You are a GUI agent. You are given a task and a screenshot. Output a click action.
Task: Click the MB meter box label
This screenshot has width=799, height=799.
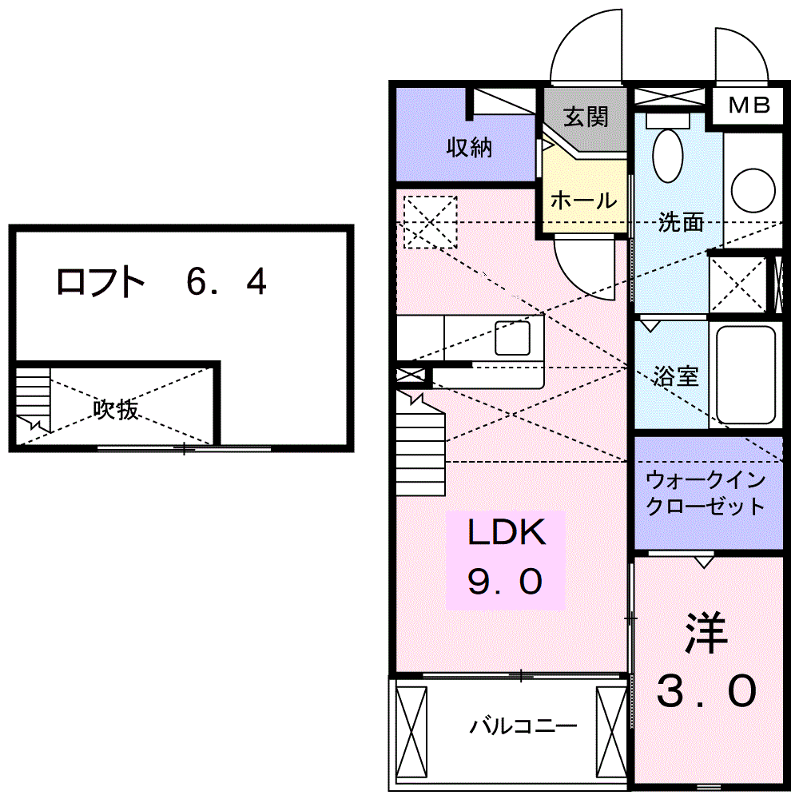(749, 105)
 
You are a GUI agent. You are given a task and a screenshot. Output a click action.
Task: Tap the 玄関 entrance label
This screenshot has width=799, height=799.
(586, 117)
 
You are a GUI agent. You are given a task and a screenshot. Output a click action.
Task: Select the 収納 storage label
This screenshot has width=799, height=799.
(469, 147)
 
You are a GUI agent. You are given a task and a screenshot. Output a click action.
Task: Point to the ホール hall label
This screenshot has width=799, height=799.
(583, 200)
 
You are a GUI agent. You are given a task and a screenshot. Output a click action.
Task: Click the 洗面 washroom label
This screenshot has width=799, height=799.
(681, 222)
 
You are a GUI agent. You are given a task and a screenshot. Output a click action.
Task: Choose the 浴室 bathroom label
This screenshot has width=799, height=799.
(676, 376)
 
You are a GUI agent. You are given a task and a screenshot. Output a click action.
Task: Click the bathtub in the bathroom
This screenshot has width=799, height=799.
(746, 375)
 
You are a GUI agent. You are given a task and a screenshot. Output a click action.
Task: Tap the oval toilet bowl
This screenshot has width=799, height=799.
(666, 155)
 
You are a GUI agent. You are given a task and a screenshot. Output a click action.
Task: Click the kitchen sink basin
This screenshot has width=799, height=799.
(512, 338)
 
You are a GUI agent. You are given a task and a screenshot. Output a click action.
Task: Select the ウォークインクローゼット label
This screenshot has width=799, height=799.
(706, 494)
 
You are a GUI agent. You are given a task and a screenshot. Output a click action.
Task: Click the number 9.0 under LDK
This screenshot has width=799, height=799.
(506, 582)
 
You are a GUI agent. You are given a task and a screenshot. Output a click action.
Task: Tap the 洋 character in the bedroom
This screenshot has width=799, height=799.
(706, 634)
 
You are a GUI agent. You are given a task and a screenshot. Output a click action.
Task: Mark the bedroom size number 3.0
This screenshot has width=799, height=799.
(706, 691)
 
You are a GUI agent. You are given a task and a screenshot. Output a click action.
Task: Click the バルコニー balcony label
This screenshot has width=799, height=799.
(523, 726)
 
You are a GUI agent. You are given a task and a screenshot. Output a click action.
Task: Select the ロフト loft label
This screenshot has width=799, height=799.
(101, 281)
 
